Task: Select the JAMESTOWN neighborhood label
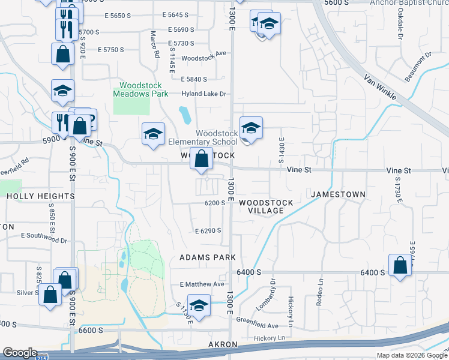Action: click(x=337, y=194)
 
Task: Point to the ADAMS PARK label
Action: click(x=204, y=257)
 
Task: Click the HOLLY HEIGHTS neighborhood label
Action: click(x=40, y=196)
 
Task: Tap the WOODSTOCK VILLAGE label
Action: click(x=266, y=206)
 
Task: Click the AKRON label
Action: click(x=223, y=345)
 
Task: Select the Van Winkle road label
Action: click(x=381, y=85)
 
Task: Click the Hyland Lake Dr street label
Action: click(x=204, y=94)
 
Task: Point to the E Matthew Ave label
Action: click(x=202, y=284)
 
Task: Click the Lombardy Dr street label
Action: click(x=273, y=289)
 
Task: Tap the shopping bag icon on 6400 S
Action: click(x=400, y=266)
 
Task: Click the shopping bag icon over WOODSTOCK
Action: click(x=202, y=160)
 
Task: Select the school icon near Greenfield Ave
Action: click(x=199, y=304)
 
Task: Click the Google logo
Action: click(x=20, y=353)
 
